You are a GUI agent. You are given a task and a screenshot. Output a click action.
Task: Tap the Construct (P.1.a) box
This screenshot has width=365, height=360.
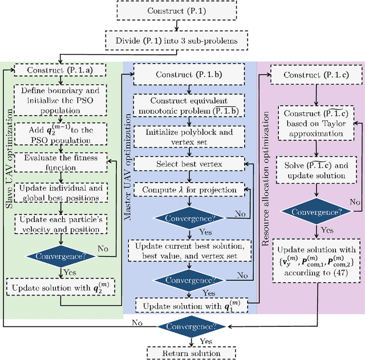pyautogui.click(x=60, y=71)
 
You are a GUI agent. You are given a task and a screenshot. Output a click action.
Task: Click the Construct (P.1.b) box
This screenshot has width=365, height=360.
pyautogui.click(x=188, y=74)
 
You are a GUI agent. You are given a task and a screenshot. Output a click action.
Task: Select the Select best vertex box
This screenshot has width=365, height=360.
pyautogui.click(x=188, y=164)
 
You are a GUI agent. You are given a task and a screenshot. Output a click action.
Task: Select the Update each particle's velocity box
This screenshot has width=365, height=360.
pyautogui.click(x=60, y=224)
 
